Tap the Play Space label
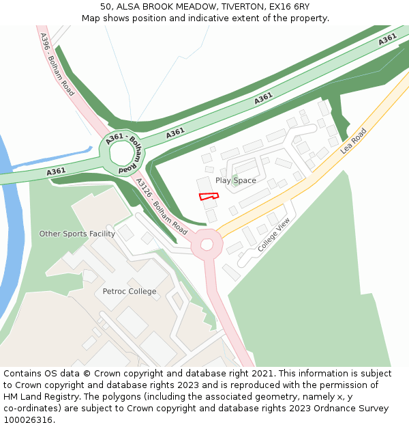coord(236,180)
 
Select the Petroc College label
coord(130,291)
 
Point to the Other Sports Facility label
coord(77,234)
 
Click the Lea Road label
coord(354,140)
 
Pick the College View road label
coord(274,234)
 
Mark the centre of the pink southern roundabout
coord(207,244)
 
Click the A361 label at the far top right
coord(387,39)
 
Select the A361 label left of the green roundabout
coord(56,171)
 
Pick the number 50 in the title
coord(106,6)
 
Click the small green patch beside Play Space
coord(234,182)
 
